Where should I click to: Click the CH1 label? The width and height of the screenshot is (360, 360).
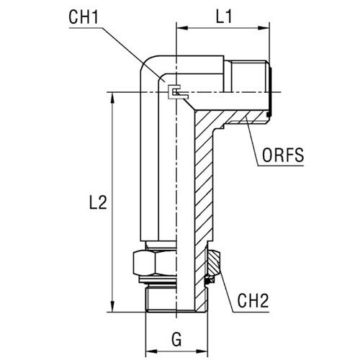[x=84, y=17]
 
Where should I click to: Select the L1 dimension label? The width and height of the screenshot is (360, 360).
[x=224, y=17]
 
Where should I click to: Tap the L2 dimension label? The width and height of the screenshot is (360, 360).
[x=98, y=202]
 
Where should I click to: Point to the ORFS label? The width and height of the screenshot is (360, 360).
[x=283, y=155]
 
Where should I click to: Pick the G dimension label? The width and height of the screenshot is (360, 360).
[x=176, y=339]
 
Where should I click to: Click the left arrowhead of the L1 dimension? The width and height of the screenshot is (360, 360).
[x=182, y=28]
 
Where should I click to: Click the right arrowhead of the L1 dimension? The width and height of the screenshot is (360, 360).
[x=264, y=28]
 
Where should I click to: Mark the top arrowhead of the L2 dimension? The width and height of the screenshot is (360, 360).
[x=112, y=98]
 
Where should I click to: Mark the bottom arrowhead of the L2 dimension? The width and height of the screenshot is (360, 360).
[x=112, y=307]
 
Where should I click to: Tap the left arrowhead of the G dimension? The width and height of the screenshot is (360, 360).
[x=151, y=351]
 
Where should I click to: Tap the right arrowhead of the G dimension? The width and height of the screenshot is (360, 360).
[x=202, y=351]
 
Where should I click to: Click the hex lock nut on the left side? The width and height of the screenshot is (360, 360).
[x=155, y=263]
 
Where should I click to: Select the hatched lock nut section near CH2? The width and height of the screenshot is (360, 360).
[x=214, y=263]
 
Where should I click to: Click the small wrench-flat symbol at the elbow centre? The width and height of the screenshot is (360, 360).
[x=178, y=92]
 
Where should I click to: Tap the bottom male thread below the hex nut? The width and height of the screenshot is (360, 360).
[x=161, y=298]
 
